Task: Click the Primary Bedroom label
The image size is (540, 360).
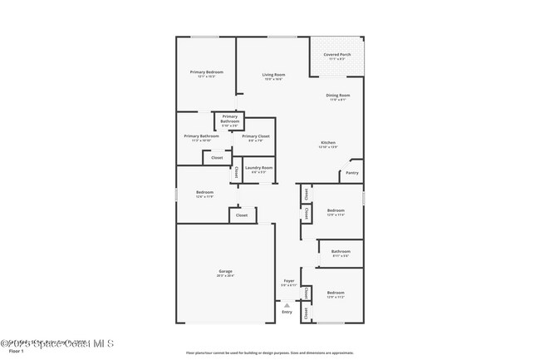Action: click(206, 72)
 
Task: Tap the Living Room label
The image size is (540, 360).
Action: click(273, 76)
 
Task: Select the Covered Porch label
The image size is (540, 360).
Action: click(337, 55)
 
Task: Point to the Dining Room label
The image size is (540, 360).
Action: click(338, 96)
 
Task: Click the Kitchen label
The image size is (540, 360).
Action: click(328, 143)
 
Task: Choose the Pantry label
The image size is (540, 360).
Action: click(352, 173)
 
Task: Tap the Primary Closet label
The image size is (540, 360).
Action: click(256, 136)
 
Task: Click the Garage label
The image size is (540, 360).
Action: click(225, 271)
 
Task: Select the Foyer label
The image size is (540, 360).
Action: click(288, 281)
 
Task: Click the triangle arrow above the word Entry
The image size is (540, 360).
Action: click(287, 303)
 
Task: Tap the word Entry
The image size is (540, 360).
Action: click(287, 312)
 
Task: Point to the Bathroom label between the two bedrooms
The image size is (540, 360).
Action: click(341, 251)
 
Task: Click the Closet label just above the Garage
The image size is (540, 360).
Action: click(242, 215)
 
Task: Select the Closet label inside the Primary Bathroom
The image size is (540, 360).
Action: click(217, 157)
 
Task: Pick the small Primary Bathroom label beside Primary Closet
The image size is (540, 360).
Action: click(229, 119)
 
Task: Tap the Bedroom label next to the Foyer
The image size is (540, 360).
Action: click(336, 293)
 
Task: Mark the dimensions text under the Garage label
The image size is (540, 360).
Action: click(225, 276)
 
